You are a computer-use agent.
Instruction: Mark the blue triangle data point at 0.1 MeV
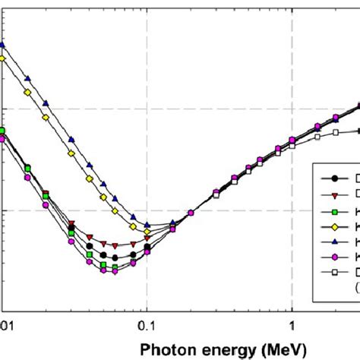147,225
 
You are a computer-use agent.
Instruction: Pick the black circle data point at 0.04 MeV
89,246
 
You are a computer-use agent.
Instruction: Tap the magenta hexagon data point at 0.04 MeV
89,261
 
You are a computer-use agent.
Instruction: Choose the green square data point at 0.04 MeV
89,254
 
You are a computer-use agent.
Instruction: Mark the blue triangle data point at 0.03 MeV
71,139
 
